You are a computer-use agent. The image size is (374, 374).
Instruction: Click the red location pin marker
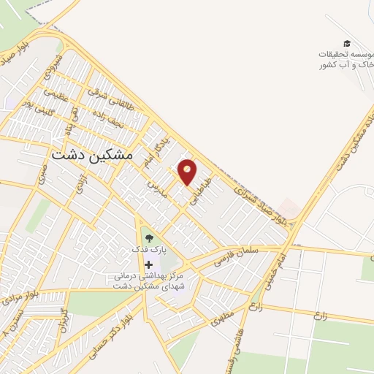click(x=188, y=172)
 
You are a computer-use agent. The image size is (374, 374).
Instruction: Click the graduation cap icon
click(x=346, y=44)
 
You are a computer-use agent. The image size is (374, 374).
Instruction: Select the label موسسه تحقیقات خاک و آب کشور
click(x=345, y=60)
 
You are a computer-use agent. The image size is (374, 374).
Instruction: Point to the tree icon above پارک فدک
click(x=150, y=237)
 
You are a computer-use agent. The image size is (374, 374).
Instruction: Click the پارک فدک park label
click(x=150, y=250)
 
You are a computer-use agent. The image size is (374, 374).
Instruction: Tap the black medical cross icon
click(x=150, y=264)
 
